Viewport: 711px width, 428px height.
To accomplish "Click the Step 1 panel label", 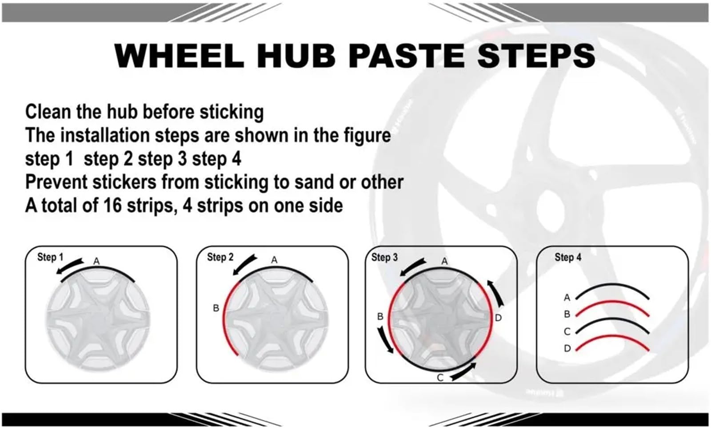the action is coord(50,257).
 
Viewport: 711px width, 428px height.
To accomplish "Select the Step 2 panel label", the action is coord(220,257).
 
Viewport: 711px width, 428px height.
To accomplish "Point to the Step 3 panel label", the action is coord(384,257).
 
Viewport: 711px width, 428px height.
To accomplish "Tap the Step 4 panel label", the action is coord(568,257).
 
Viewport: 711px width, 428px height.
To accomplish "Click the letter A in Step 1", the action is coord(96,262).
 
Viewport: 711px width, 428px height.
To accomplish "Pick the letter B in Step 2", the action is coord(216,308).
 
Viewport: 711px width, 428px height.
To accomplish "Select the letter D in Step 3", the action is coord(498,318).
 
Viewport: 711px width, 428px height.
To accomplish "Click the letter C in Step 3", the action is coord(440,378).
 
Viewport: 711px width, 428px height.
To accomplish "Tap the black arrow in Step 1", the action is coord(69,266).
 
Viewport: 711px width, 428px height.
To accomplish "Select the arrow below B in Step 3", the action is coord(385,340).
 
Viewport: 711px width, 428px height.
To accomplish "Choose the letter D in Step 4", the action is coord(567,348).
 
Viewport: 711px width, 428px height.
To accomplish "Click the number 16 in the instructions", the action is coord(113,206).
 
